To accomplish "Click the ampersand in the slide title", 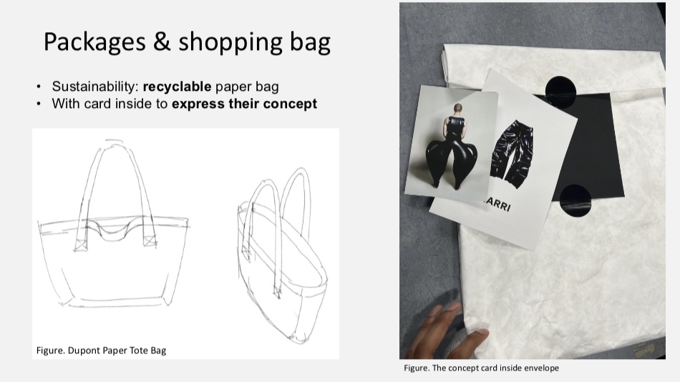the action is (161, 41).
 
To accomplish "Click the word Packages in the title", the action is (94, 42).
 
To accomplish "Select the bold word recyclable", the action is (177, 87).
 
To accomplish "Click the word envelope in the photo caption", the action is (541, 368).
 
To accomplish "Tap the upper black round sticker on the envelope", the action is (560, 92).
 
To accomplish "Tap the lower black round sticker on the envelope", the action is (575, 200).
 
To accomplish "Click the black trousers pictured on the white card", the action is (513, 154).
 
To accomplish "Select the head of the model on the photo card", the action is (457, 109).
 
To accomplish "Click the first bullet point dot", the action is (39, 87).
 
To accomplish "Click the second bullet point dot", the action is (39, 104).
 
